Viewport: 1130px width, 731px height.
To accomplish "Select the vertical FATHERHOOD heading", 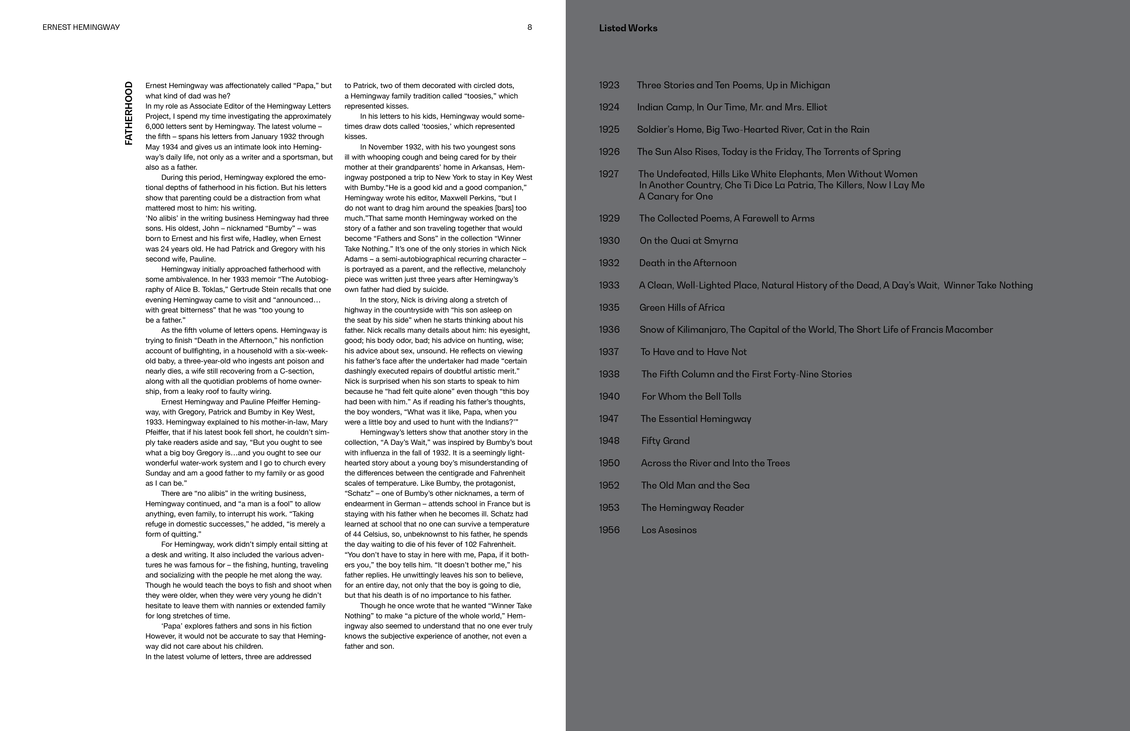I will pos(129,114).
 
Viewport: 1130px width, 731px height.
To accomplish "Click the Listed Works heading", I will pos(628,28).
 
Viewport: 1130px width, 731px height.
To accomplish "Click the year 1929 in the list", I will pos(609,218).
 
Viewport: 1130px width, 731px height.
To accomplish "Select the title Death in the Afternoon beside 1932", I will pos(688,263).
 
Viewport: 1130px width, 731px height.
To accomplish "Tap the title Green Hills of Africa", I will pos(682,308).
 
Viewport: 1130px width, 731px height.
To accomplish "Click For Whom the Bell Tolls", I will pos(691,396).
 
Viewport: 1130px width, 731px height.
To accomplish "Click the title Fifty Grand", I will pos(665,441).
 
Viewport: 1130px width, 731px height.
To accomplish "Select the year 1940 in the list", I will pos(609,396).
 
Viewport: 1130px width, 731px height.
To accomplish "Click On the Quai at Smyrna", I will pos(689,241).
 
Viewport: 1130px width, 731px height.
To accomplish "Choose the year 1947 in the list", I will pos(609,419).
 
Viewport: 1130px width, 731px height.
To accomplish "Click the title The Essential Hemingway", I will pos(696,419).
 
